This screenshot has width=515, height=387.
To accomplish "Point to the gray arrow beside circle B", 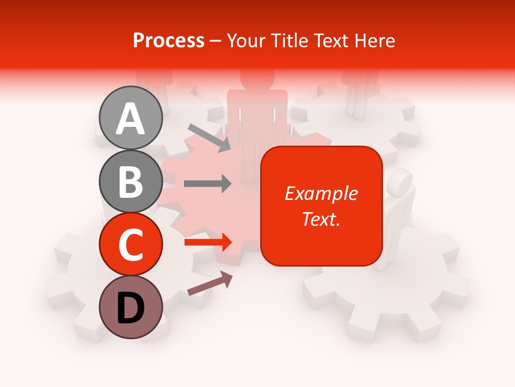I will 208,184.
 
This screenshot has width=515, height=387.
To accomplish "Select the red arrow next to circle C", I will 208,242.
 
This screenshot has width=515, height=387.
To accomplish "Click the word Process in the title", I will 168,40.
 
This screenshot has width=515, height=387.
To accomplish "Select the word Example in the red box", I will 321,193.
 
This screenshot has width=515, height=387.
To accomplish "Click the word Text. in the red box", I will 321,219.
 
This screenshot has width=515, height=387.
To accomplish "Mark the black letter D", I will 130,309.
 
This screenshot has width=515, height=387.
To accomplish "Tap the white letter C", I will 130,245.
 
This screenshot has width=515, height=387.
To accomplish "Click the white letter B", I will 130,182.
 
